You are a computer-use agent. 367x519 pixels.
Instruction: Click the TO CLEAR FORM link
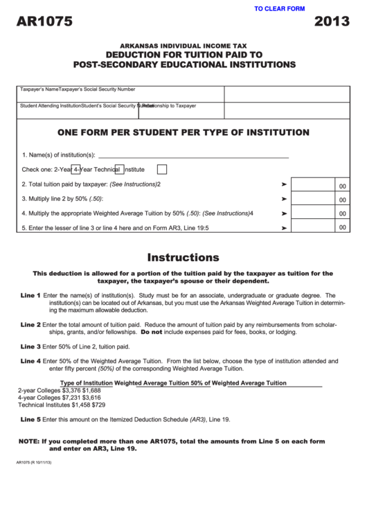(x=279, y=9)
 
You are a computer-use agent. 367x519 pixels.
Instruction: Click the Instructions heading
(x=183, y=257)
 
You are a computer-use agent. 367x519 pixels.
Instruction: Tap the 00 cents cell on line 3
(x=342, y=200)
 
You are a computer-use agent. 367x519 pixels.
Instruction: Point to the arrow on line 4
(x=284, y=213)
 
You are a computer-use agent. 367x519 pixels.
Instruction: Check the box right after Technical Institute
(x=162, y=169)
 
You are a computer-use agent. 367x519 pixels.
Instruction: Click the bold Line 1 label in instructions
(x=30, y=296)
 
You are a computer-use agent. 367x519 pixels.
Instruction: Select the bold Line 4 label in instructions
(x=30, y=361)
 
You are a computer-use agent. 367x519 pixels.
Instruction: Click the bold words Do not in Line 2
(x=151, y=332)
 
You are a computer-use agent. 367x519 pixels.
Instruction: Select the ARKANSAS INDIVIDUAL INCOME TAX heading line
(x=183, y=43)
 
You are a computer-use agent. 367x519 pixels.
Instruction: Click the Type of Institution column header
(x=86, y=382)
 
